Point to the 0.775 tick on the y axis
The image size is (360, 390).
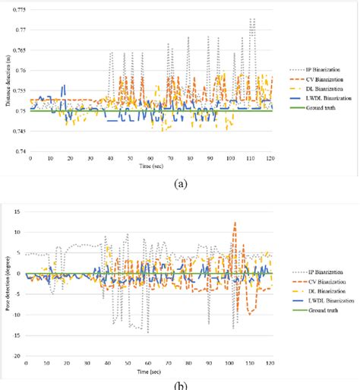click(x=17, y=9)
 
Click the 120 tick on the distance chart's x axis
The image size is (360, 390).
click(x=269, y=159)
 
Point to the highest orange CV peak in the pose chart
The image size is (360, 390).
click(x=235, y=223)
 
